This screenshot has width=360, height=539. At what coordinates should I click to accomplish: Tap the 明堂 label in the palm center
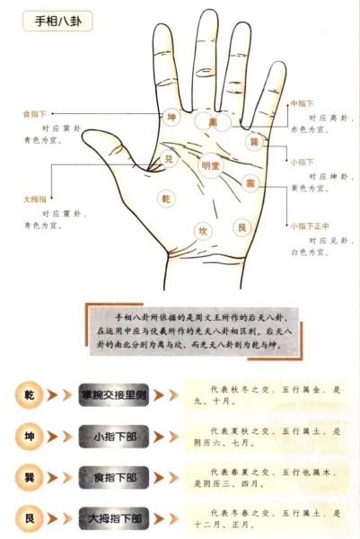click(x=209, y=166)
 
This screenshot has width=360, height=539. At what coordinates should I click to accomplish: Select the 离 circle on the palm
click(x=213, y=121)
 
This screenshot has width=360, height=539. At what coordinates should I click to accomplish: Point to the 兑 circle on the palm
click(x=167, y=159)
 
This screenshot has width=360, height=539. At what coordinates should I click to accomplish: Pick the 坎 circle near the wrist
click(x=203, y=231)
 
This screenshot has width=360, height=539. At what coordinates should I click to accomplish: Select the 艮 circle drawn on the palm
click(x=241, y=227)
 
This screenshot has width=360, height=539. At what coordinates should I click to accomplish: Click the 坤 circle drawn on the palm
click(x=172, y=118)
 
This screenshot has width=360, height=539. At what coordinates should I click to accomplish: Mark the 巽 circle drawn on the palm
click(x=253, y=143)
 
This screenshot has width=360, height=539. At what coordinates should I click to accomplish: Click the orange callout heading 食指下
click(x=33, y=114)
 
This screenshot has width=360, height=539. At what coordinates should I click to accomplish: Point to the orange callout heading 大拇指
click(x=35, y=199)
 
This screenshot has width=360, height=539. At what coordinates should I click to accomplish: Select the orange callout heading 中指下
click(x=301, y=104)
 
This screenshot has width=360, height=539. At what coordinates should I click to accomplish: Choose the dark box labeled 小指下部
click(x=118, y=436)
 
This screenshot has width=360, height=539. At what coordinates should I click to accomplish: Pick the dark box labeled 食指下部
click(x=118, y=477)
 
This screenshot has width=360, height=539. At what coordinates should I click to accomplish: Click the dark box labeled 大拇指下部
click(x=118, y=518)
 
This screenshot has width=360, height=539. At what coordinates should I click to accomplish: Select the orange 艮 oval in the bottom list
click(x=28, y=518)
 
